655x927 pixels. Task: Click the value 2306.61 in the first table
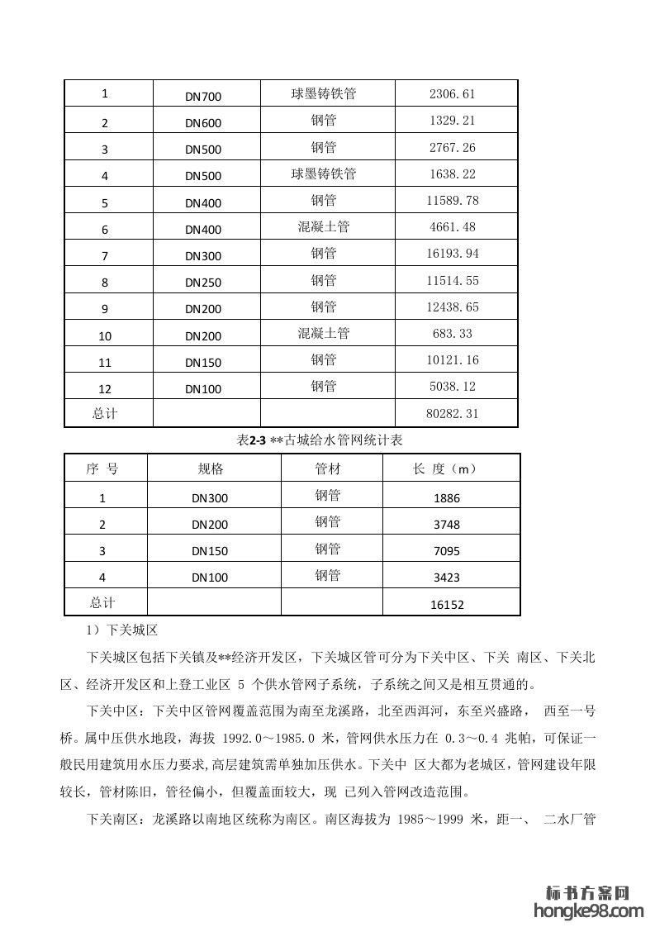point(452,95)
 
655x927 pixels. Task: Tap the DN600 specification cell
point(203,124)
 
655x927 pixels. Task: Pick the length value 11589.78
point(453,201)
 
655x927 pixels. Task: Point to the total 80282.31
point(453,414)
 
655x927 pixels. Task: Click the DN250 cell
point(203,283)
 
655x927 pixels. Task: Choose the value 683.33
point(453,334)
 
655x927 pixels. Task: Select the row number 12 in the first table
point(105,388)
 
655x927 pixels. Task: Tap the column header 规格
point(211,468)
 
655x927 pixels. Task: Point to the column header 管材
point(327,468)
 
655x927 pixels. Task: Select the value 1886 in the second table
point(446,498)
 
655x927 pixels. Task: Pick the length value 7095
point(446,551)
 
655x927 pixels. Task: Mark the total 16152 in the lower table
point(447,605)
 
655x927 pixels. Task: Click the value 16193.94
point(453,254)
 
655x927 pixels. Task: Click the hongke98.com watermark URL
point(589,910)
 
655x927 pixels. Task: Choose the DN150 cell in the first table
point(203,363)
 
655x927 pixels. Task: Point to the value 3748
point(446,525)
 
